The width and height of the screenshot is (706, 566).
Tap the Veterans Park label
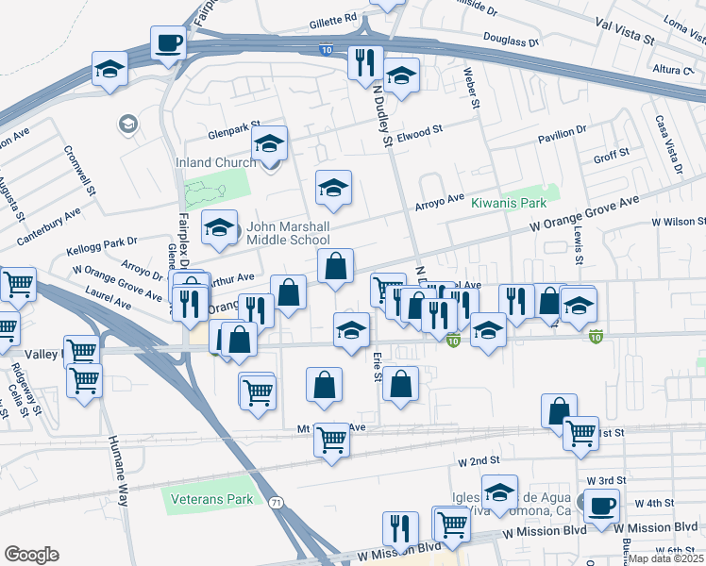(x=212, y=498)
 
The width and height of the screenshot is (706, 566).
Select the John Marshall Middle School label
(x=288, y=234)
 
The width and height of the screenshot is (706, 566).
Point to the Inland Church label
(x=215, y=162)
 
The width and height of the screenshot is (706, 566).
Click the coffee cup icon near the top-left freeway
(x=169, y=43)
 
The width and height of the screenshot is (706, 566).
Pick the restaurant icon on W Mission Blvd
(x=400, y=530)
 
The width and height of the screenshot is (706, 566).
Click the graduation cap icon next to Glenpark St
(x=270, y=144)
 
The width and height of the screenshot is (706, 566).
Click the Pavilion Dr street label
(x=562, y=134)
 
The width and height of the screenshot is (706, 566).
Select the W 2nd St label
(x=478, y=461)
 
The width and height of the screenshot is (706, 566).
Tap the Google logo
(x=32, y=555)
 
